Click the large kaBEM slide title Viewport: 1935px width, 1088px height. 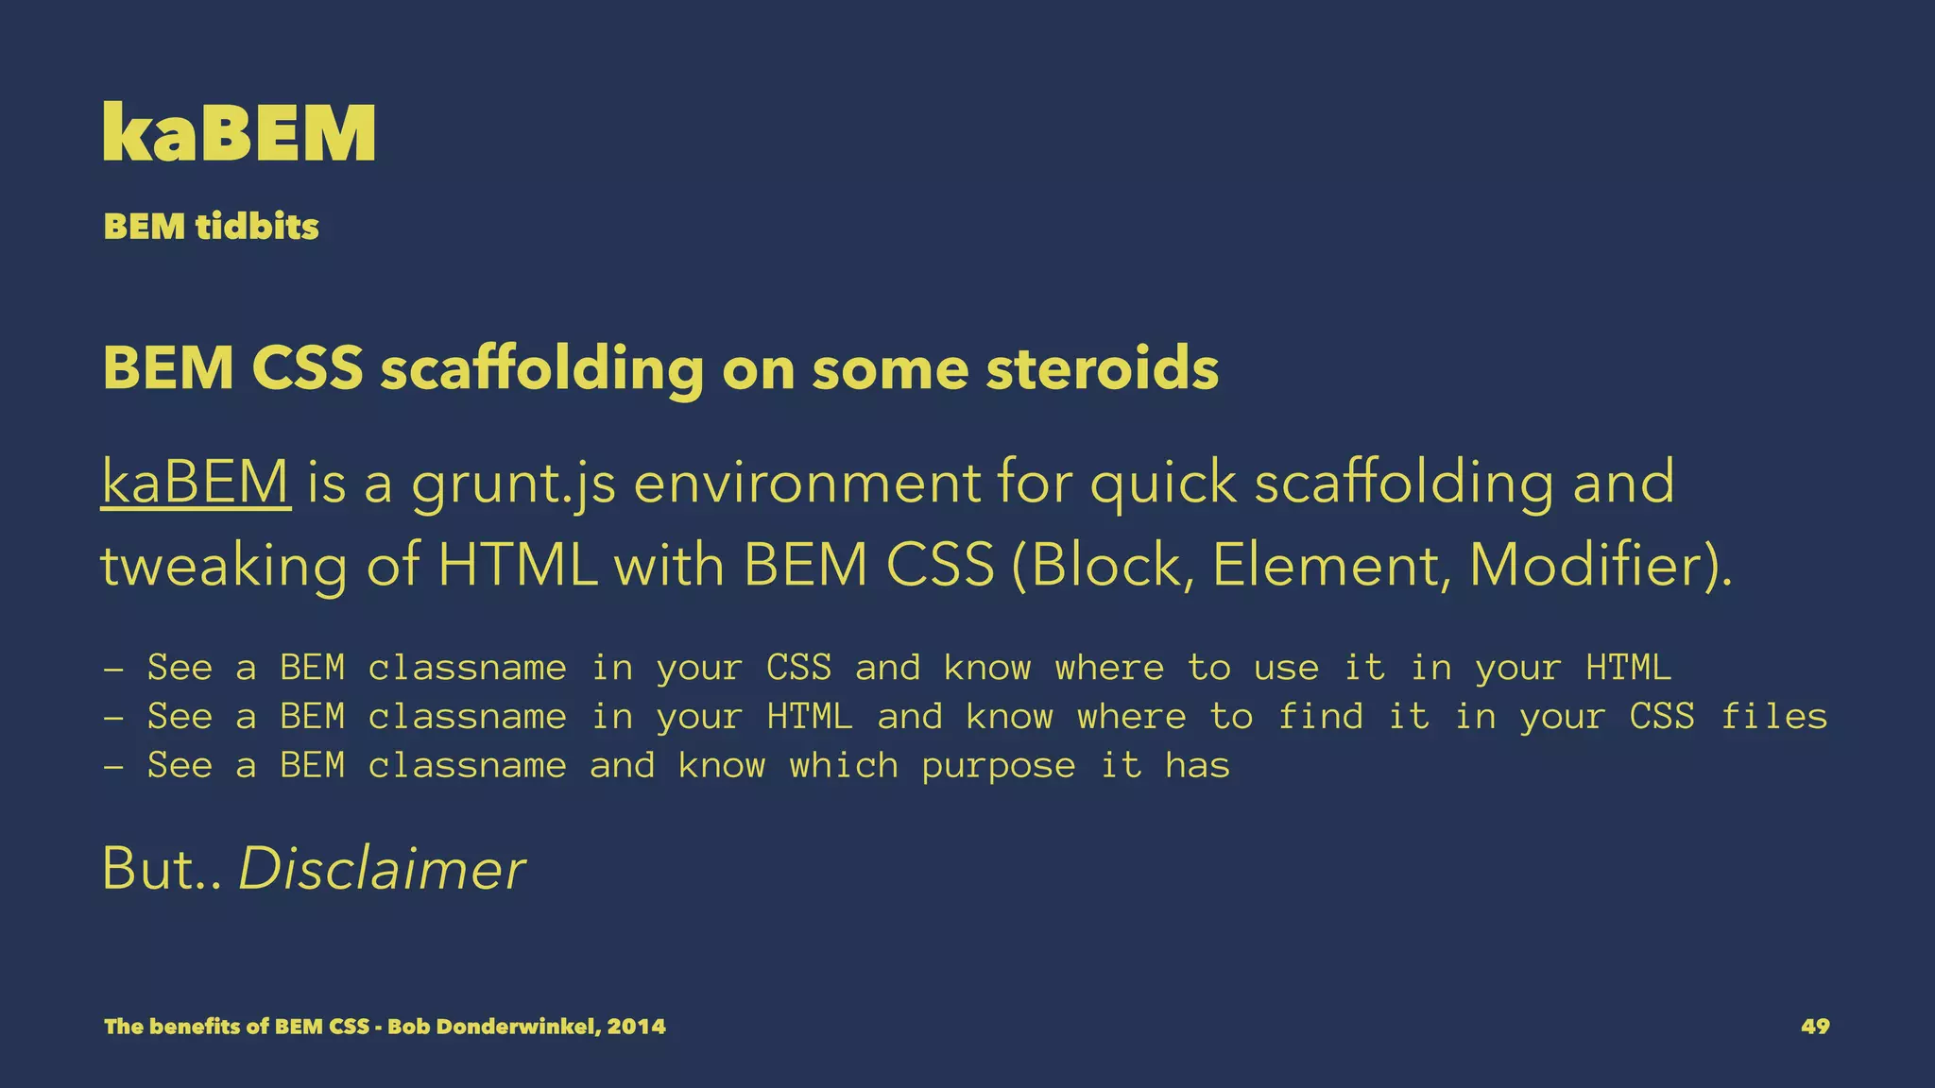(240, 133)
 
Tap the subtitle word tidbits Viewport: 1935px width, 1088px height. (257, 227)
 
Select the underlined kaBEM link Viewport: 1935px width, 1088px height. (196, 482)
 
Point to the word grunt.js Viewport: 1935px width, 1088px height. (514, 484)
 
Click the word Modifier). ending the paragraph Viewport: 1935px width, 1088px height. (1601, 565)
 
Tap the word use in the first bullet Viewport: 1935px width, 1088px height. (1286, 669)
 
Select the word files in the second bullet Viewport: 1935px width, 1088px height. (1773, 717)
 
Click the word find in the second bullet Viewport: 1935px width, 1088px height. (1320, 717)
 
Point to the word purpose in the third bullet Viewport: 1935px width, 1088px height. (999, 766)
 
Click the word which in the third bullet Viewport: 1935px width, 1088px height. (844, 766)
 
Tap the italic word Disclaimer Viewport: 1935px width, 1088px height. (382, 869)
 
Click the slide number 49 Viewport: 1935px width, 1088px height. (1815, 1027)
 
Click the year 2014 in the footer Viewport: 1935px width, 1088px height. (637, 1027)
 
